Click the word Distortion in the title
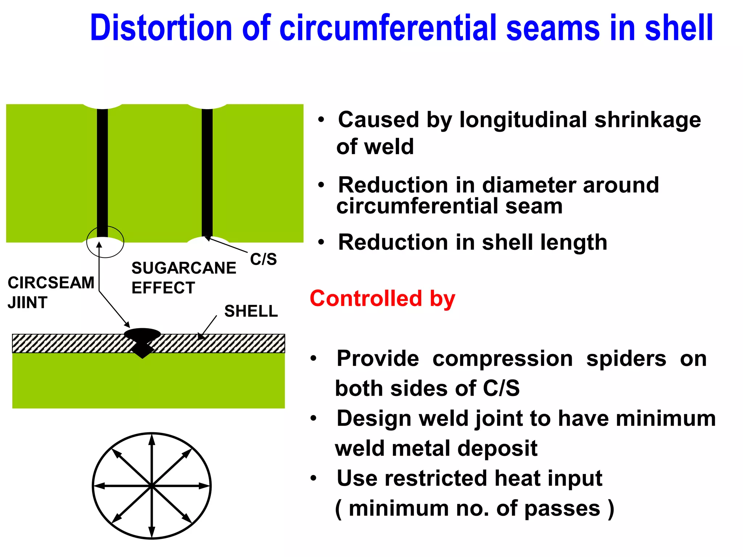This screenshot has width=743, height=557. pos(161,28)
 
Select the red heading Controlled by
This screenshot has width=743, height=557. pos(382,299)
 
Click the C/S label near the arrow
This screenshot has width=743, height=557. pos(263,259)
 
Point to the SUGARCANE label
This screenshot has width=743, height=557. pos(184,268)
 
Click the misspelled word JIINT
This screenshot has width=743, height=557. pos(28,302)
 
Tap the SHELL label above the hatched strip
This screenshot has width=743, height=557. pos(251,311)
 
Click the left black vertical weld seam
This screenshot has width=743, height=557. pos(102,173)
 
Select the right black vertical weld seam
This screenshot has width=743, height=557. pos(207,173)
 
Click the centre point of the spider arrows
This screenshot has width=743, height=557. pos(152,486)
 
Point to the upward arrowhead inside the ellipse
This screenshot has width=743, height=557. pos(152,441)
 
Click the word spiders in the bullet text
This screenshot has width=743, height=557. pos(626,359)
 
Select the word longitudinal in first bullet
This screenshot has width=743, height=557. pos(523,120)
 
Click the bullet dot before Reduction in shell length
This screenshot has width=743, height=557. pos(321,242)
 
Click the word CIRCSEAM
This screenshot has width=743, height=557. pos(51,283)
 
